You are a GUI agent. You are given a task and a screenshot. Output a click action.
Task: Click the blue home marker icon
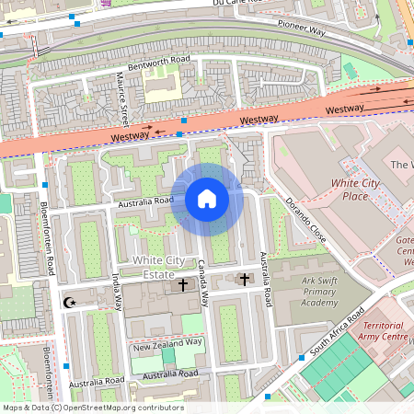click(207, 199)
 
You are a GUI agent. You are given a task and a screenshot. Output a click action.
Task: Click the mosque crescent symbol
click(67, 302)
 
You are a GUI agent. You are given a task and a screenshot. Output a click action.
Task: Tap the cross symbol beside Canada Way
click(182, 285)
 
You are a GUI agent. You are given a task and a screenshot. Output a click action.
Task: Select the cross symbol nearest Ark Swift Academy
click(244, 278)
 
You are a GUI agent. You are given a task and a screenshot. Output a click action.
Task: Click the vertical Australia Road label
click(266, 278)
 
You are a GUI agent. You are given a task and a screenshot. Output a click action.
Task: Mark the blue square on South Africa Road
click(301, 357)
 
